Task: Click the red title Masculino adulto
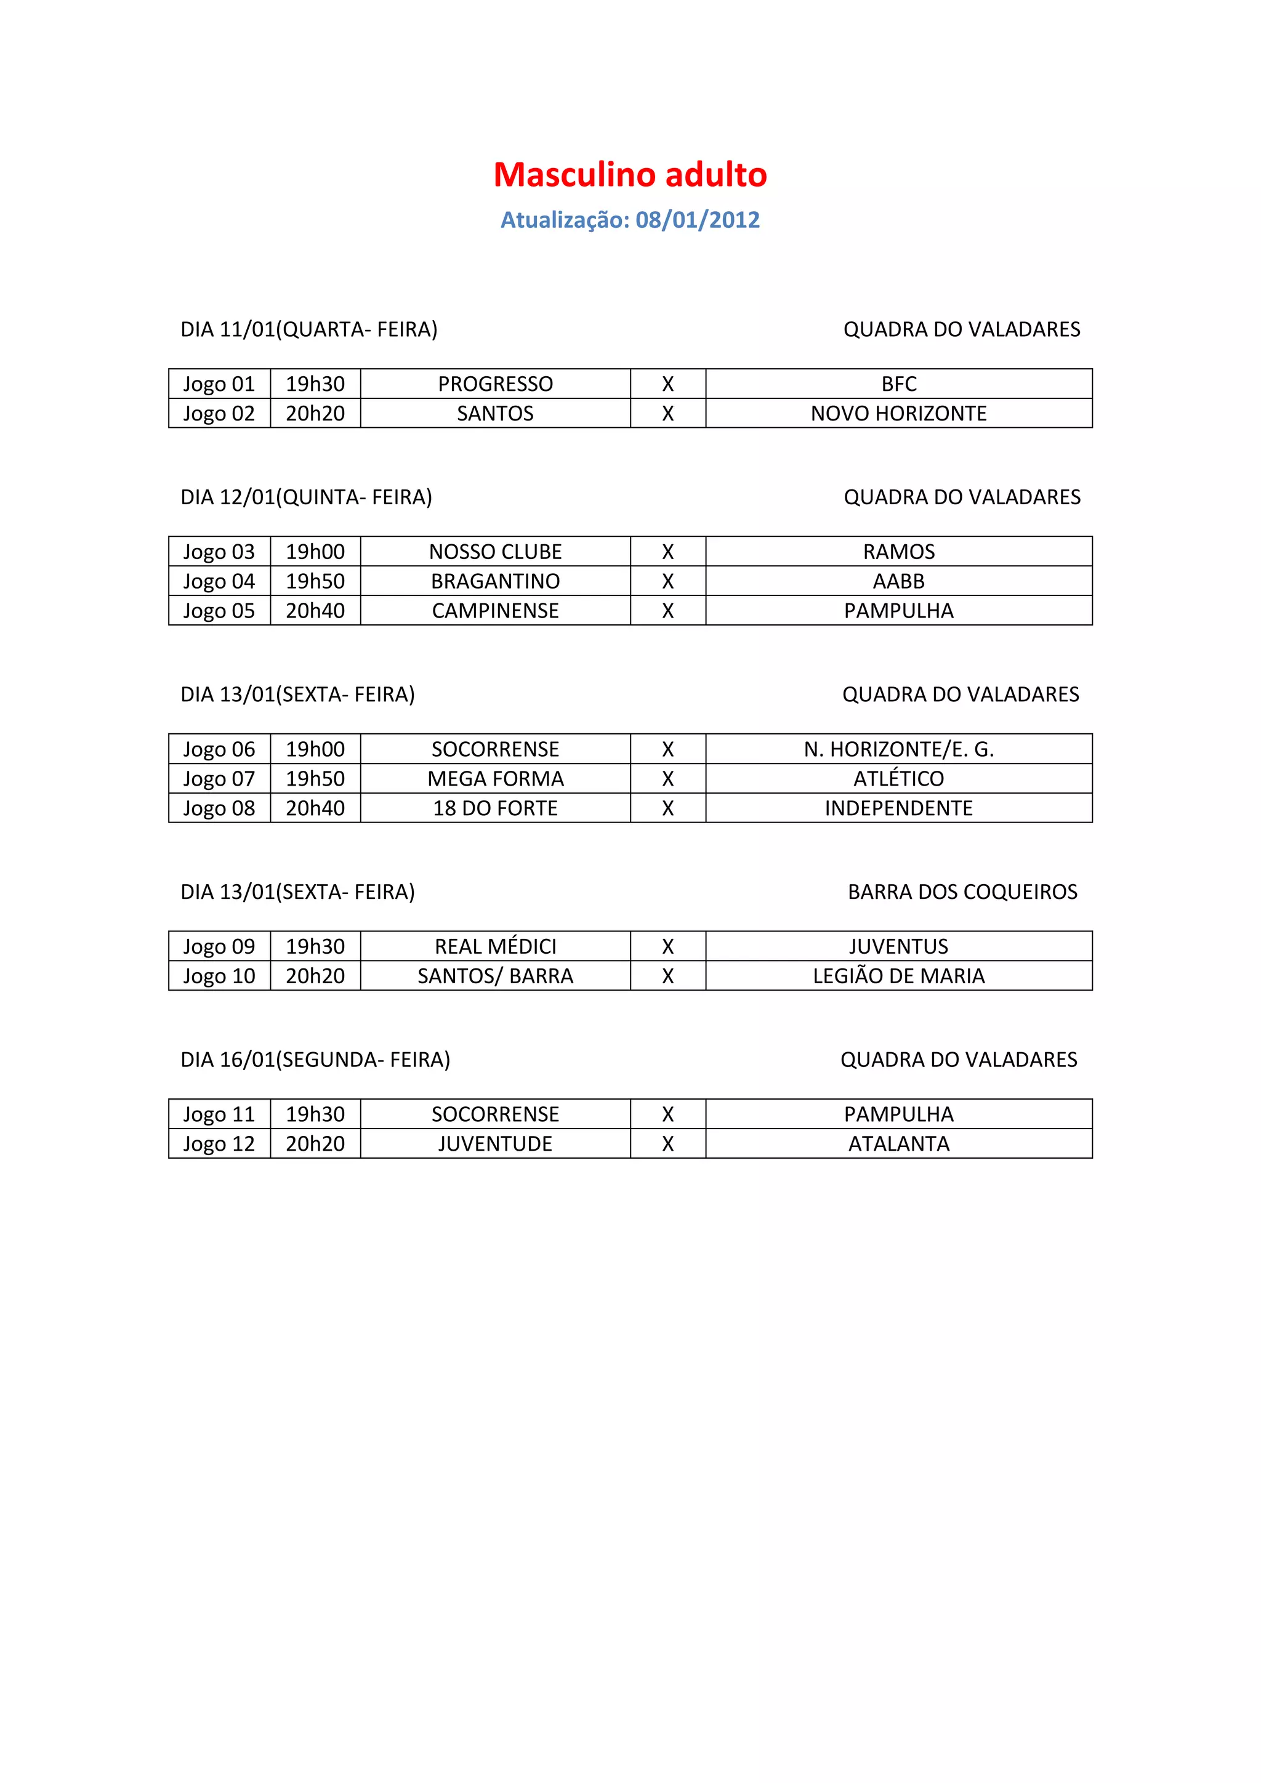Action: click(x=630, y=175)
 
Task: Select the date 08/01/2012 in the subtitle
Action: click(x=697, y=220)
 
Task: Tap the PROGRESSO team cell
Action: click(x=496, y=384)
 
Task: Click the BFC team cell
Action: click(x=898, y=384)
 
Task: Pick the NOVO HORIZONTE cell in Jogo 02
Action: click(x=898, y=414)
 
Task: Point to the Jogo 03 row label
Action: click(x=219, y=552)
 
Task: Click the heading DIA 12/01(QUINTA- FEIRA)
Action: click(x=306, y=497)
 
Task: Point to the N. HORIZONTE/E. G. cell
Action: click(x=898, y=749)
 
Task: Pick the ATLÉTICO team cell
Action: click(x=898, y=779)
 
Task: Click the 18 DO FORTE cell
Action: click(x=496, y=808)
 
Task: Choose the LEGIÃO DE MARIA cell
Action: click(x=898, y=976)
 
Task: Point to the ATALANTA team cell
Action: click(x=898, y=1144)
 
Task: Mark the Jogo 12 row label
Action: click(x=219, y=1144)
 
